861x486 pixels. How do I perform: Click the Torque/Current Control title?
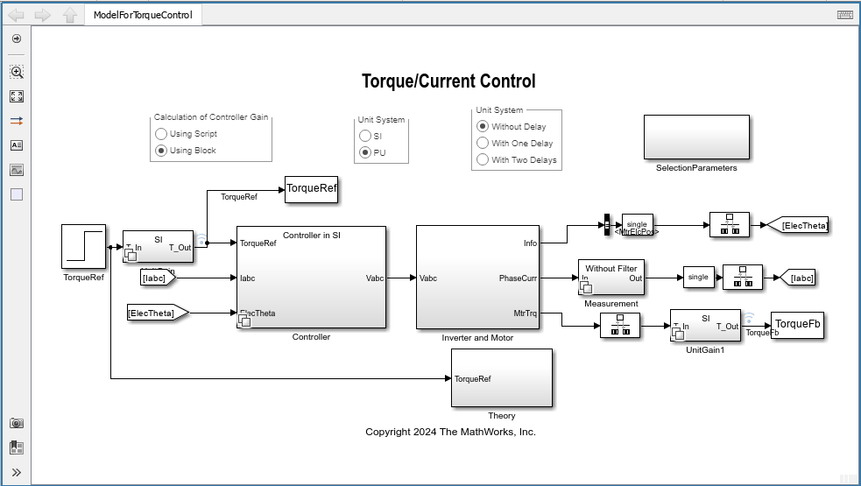pos(448,81)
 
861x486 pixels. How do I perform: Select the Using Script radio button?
pos(161,134)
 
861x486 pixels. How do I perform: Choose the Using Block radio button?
pos(161,151)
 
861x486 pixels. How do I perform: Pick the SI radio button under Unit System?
pos(365,136)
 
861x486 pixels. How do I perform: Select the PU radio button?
pos(365,152)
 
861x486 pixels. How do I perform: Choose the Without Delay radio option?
pos(483,127)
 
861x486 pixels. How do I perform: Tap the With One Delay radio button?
pos(483,144)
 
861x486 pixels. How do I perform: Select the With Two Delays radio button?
pos(483,160)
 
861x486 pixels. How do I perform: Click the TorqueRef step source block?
pos(84,246)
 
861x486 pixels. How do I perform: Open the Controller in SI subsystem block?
pos(311,278)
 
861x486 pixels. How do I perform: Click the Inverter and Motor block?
pos(477,278)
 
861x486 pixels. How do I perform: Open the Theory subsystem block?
pos(502,378)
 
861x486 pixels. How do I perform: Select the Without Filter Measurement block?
pos(611,278)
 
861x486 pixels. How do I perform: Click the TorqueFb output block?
pos(797,325)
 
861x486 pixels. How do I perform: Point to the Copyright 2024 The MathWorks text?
pos(450,432)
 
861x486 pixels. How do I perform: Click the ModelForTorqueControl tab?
pos(144,15)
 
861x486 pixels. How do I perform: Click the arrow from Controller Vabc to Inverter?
pos(400,278)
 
